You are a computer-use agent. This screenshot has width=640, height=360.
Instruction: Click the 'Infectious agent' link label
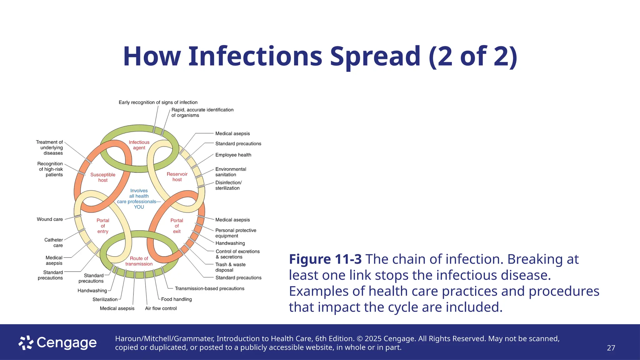[139, 145]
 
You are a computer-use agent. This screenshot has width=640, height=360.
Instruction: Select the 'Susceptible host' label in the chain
[103, 177]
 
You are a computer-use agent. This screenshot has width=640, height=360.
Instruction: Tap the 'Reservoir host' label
[177, 177]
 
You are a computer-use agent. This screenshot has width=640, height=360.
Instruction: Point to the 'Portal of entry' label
[103, 226]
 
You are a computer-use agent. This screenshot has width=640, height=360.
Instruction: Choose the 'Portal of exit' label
[177, 226]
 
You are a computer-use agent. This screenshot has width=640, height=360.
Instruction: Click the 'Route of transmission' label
[139, 261]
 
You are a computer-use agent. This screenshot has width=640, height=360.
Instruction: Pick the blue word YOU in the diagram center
[139, 207]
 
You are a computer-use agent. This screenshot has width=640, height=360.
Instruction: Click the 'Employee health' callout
[233, 155]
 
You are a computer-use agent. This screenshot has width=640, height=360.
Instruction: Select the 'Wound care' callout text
[50, 219]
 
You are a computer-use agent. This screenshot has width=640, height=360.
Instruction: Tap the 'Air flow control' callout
[161, 308]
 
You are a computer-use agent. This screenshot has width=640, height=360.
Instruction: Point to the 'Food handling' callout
[176, 299]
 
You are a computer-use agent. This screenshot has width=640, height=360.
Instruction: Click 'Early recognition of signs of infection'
[158, 102]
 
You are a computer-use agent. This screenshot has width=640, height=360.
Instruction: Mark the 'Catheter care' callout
[54, 243]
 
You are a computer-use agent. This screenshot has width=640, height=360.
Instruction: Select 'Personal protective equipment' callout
[236, 233]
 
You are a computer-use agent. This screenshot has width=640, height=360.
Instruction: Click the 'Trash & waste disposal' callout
[230, 267]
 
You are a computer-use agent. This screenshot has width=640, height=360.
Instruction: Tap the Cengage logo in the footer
[58, 343]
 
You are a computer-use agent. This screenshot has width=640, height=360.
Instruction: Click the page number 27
[611, 348]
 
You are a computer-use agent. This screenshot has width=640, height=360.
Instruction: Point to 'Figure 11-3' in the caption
[325, 259]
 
